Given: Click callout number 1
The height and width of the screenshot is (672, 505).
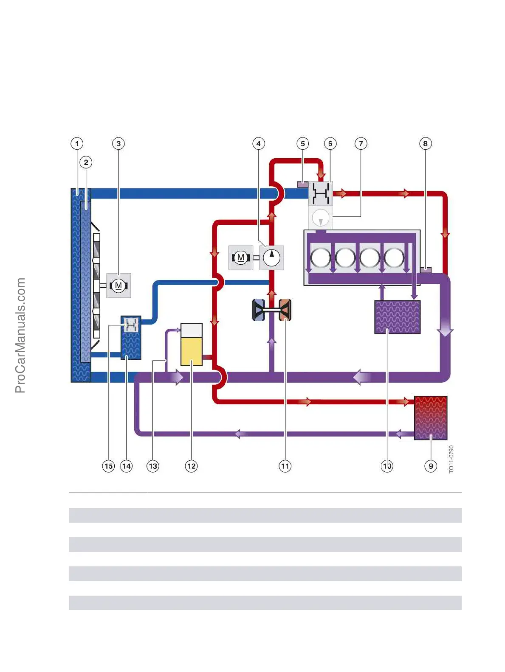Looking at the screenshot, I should (77, 143).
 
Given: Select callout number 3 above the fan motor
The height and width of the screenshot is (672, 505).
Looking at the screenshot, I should (118, 143).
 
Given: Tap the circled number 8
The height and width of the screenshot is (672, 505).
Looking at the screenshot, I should (425, 143).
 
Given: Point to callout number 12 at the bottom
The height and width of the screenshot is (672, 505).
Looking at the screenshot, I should (192, 466).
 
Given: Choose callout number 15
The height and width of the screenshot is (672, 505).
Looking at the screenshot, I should (109, 466).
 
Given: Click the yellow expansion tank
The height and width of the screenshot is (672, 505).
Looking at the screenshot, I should (192, 344).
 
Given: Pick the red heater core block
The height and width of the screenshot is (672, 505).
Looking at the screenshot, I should (430, 417).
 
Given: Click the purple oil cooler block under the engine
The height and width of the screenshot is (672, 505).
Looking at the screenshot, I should (397, 317).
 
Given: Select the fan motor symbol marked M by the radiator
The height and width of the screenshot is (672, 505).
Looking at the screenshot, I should (118, 286).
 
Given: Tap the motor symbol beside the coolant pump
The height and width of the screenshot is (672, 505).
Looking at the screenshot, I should (241, 258).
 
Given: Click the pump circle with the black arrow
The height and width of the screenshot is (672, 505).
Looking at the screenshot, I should (271, 257).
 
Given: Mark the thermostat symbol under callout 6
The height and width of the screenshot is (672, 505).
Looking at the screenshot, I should (321, 194).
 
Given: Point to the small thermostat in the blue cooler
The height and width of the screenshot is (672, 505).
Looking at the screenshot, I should (131, 325).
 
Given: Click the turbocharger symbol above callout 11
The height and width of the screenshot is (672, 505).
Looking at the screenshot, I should (272, 310).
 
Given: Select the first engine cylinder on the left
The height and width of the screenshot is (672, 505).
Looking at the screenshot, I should (320, 258).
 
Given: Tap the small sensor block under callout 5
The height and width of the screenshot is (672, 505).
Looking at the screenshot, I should (302, 184).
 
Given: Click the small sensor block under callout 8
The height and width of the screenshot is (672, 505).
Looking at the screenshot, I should (425, 270).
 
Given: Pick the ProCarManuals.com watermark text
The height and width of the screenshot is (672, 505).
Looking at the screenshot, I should (20, 335).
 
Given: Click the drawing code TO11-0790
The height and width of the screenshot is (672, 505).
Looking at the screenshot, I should (451, 459).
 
